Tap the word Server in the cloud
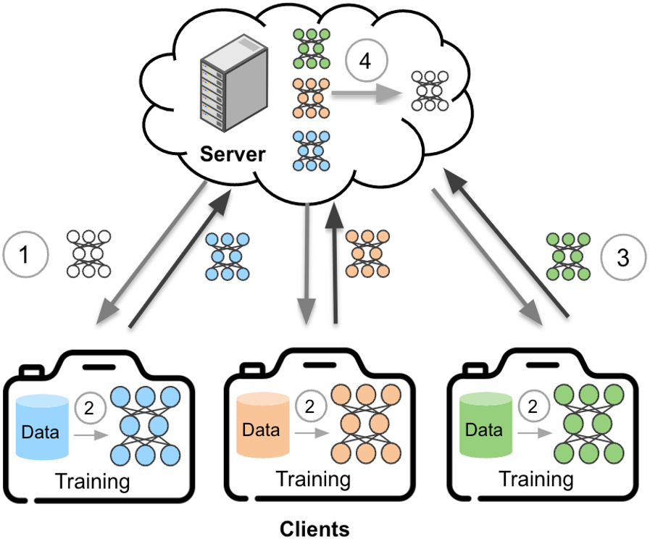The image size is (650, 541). tap(233, 154)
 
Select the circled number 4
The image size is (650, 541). tap(365, 62)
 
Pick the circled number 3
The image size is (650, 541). tap(623, 256)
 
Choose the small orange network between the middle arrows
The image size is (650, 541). tap(366, 256)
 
